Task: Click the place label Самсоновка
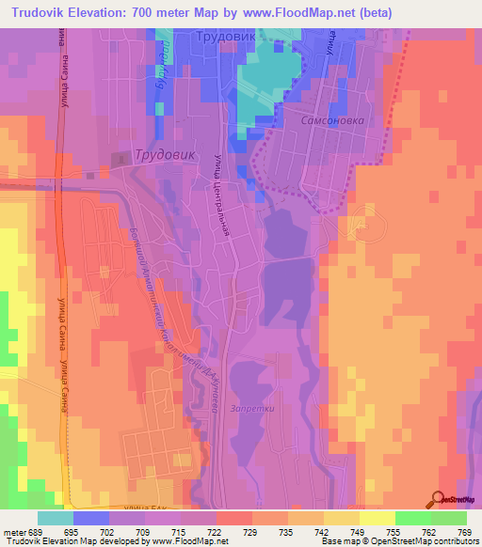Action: click(323, 121)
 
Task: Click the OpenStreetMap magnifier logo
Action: click(439, 498)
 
